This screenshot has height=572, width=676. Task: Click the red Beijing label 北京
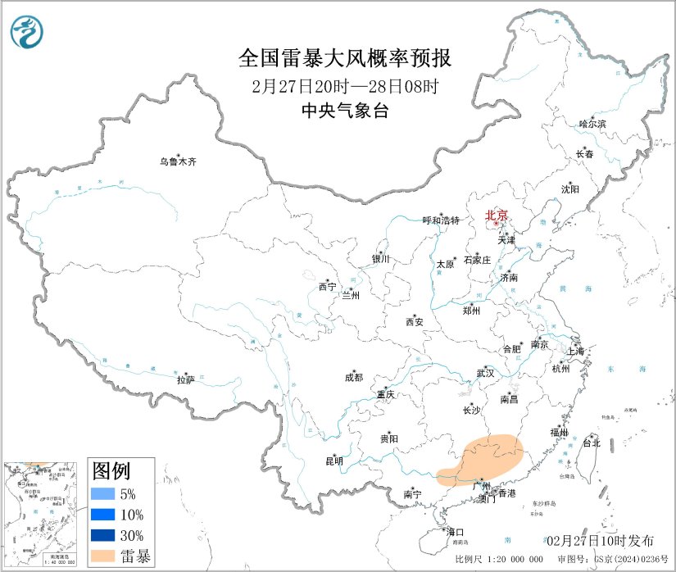tap(497, 216)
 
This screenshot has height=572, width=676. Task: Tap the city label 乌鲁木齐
tap(178, 161)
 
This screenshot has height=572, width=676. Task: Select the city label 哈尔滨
tap(592, 124)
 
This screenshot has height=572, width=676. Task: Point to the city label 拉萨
tap(186, 379)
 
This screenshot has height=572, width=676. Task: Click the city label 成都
tap(354, 378)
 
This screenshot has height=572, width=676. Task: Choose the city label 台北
tap(591, 443)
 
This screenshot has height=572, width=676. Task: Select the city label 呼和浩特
tap(441, 220)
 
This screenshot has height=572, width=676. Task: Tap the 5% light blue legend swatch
tap(103, 494)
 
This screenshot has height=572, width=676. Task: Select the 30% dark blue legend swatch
tap(103, 536)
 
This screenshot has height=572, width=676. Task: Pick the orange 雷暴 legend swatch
tap(103, 556)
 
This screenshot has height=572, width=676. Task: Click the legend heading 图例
tap(111, 471)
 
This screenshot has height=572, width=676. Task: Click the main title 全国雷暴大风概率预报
tap(344, 58)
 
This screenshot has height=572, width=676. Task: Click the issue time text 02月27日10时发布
tap(601, 540)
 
